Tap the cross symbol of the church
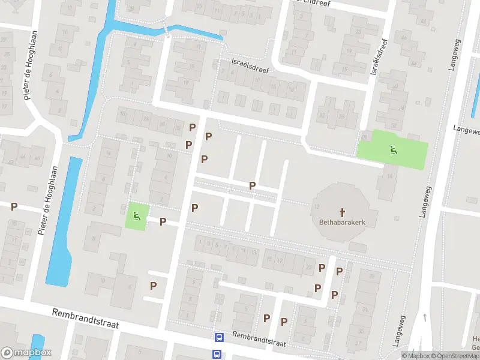click(x=343, y=212)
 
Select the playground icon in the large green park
click(x=393, y=150)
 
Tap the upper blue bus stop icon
click(x=219, y=338)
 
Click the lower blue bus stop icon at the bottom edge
click(x=217, y=355)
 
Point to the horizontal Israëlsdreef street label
click(x=250, y=66)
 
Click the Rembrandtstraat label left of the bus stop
click(x=85, y=319)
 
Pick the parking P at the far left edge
click(x=14, y=206)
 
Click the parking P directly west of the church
click(x=253, y=185)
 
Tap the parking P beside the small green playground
click(x=163, y=221)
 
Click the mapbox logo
click(x=27, y=353)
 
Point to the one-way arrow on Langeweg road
click(x=424, y=316)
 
